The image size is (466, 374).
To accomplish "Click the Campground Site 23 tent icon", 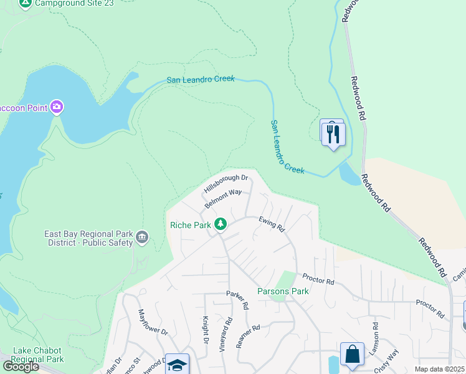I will point(25,4).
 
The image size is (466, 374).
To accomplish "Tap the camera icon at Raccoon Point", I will point(57,107).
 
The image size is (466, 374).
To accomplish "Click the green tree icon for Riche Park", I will point(220,224).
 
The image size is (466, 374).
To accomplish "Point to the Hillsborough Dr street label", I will point(226,183).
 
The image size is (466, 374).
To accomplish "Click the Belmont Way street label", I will point(223,198).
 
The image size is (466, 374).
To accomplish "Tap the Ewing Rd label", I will point(272,224).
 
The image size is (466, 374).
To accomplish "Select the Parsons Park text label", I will point(283,291).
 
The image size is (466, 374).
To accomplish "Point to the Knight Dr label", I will point(204,329).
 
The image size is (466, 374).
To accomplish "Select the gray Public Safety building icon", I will point(141,237).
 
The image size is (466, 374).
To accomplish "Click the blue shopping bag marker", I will point(351,353).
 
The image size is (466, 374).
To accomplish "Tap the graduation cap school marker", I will point(177,365).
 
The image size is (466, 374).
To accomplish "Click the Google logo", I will point(20,367).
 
